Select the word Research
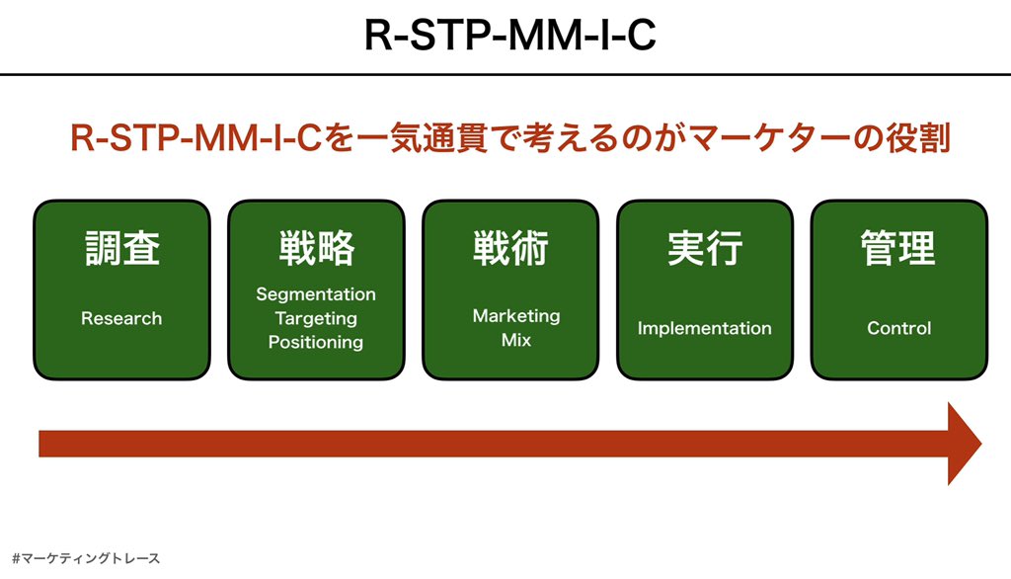[x=121, y=318]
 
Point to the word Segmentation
[x=316, y=294]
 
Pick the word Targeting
[x=316, y=318]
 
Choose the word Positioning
[x=316, y=342]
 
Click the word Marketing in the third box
[x=516, y=315]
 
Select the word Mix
[x=516, y=339]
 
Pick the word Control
[x=898, y=328]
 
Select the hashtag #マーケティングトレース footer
[x=87, y=558]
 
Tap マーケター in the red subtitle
[x=756, y=138]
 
